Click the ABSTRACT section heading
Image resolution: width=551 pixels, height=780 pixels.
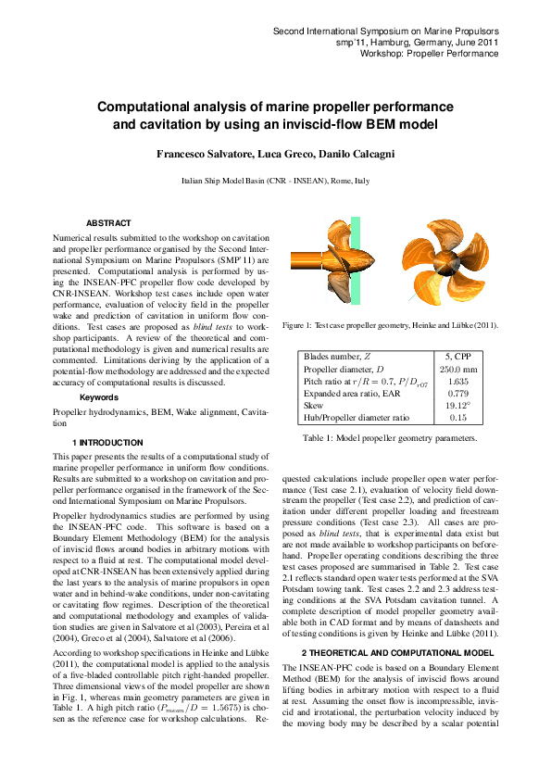click(x=108, y=223)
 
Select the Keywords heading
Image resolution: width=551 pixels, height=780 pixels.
click(x=99, y=397)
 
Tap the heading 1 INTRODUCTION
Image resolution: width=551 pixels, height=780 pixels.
click(x=107, y=443)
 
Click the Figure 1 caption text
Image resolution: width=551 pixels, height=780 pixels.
click(x=390, y=326)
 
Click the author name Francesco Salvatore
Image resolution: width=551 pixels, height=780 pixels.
click(x=199, y=152)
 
